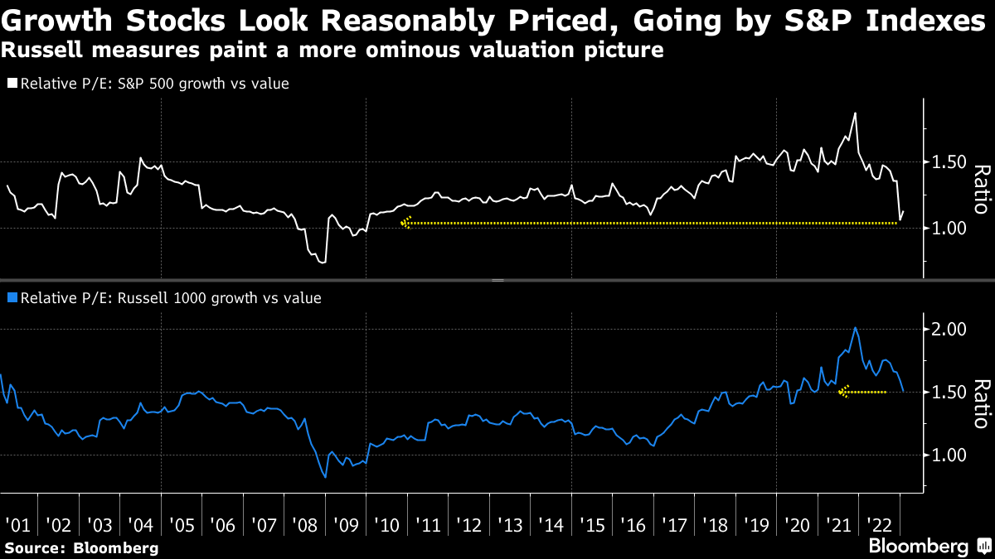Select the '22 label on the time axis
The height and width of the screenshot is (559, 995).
(878, 524)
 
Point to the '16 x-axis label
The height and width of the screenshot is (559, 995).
(632, 524)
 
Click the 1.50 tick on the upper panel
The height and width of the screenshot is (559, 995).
(949, 162)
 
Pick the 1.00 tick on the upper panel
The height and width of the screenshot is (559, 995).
(949, 228)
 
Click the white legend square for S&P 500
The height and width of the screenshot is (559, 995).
(12, 84)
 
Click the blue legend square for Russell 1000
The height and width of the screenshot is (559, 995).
(12, 297)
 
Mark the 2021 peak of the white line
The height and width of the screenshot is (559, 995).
(855, 113)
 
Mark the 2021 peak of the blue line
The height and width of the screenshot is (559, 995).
(855, 328)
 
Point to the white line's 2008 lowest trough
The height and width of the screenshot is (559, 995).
(322, 263)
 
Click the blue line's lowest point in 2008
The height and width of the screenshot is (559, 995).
(325, 477)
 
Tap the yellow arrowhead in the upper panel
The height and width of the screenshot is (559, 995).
(405, 223)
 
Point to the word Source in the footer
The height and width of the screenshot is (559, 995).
(34, 547)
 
